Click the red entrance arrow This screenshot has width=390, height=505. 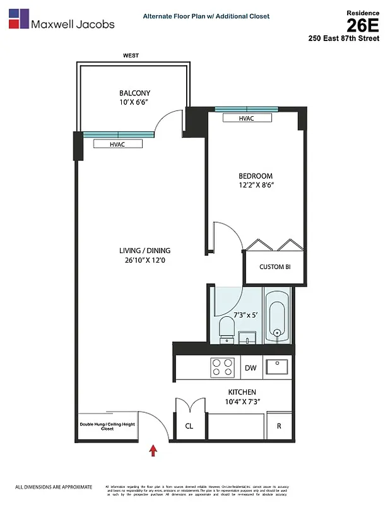(x=152, y=450)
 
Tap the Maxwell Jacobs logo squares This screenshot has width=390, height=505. (x=18, y=19)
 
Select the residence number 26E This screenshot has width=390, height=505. (x=363, y=25)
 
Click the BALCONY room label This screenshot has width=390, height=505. (x=133, y=93)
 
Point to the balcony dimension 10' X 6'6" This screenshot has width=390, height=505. (x=133, y=102)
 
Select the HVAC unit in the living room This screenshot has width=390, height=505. (x=117, y=144)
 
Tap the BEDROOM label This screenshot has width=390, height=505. (x=255, y=175)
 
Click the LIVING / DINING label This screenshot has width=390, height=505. (x=145, y=251)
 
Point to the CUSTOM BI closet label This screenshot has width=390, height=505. (x=275, y=267)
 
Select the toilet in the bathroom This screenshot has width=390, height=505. (x=227, y=329)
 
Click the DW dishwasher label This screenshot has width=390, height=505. (x=250, y=367)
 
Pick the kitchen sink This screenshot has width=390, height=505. (x=276, y=366)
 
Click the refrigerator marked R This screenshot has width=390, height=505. (x=279, y=426)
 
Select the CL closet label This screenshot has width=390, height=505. (x=189, y=426)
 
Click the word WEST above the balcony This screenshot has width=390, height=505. (x=131, y=56)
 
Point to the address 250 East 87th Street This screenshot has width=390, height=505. (x=344, y=39)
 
